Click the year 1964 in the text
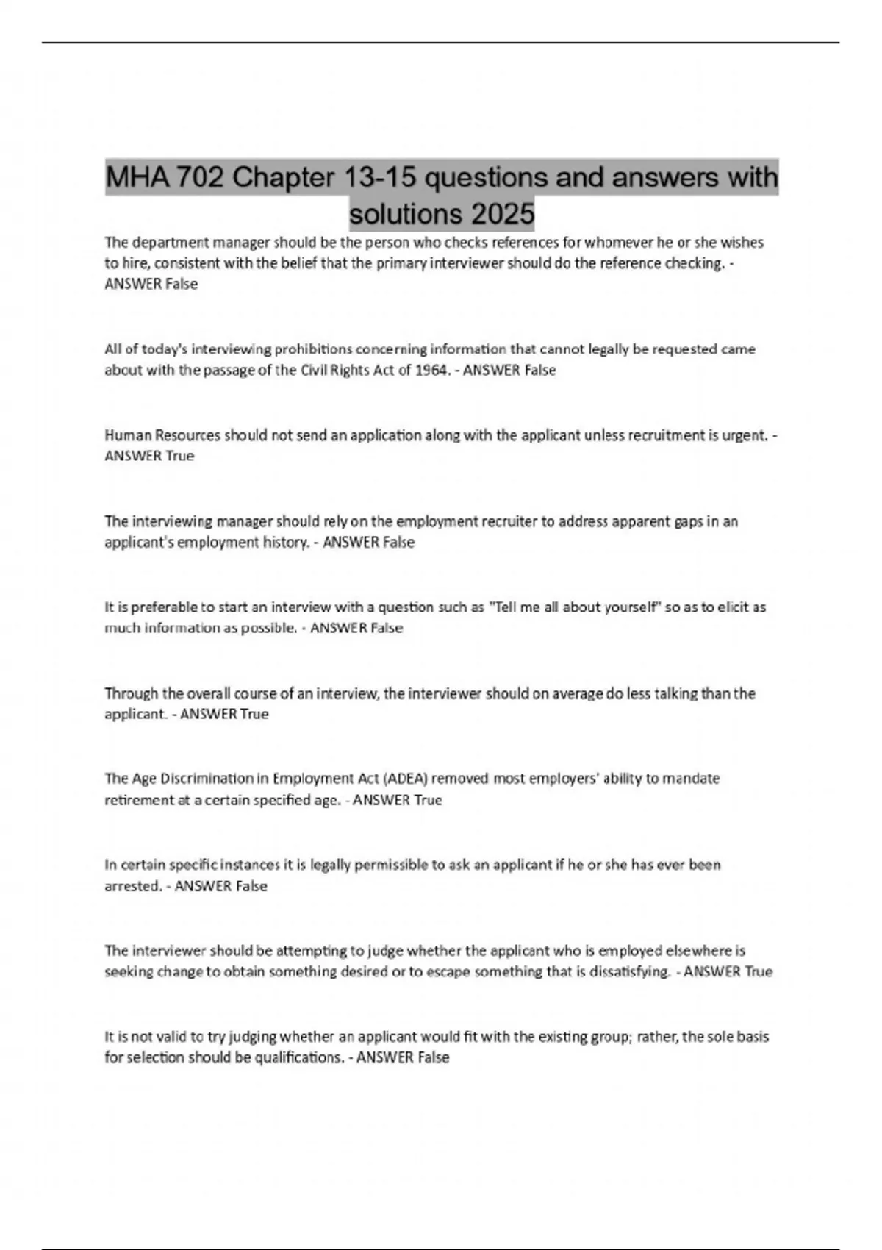(431, 370)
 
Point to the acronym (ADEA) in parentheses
(407, 779)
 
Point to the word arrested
(132, 886)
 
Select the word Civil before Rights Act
(316, 370)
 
